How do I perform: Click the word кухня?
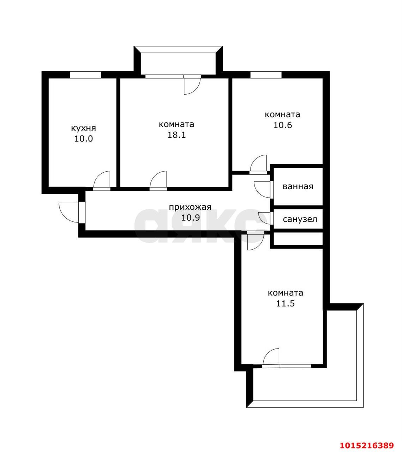click(x=83, y=128)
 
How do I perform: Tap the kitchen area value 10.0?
click(x=83, y=138)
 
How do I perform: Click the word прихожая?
click(x=190, y=207)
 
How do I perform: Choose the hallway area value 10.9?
click(x=191, y=217)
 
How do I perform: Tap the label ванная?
click(x=298, y=186)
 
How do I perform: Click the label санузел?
click(x=300, y=219)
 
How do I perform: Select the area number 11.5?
click(x=285, y=303)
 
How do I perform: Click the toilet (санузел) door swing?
click(x=264, y=218)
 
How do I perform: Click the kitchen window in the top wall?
click(x=85, y=75)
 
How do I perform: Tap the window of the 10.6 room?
click(x=266, y=75)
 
